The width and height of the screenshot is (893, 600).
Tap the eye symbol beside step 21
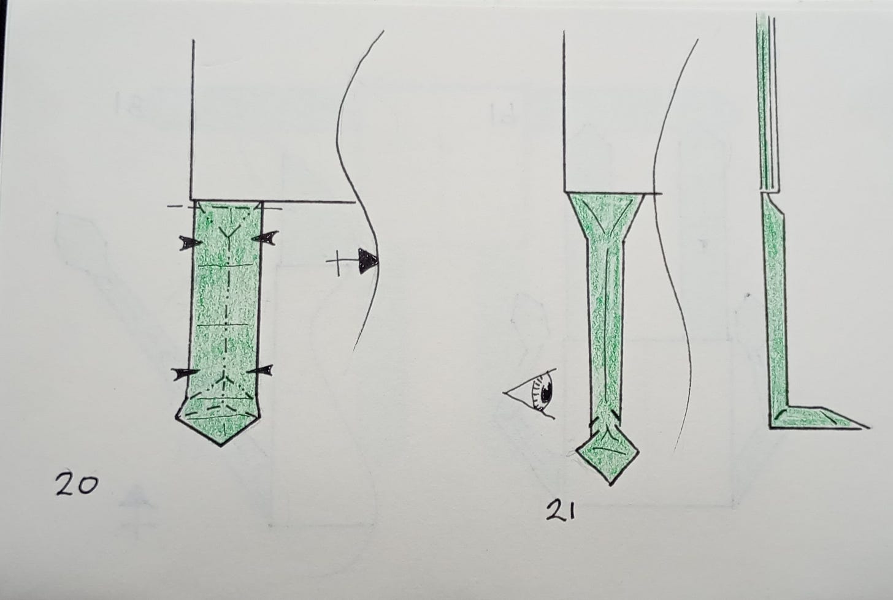(x=531, y=393)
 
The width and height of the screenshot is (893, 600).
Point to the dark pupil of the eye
(x=546, y=393)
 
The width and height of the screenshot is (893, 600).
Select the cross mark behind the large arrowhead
(x=337, y=262)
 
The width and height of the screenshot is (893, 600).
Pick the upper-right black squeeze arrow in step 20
(x=265, y=237)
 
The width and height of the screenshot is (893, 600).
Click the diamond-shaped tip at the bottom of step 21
(x=608, y=454)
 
